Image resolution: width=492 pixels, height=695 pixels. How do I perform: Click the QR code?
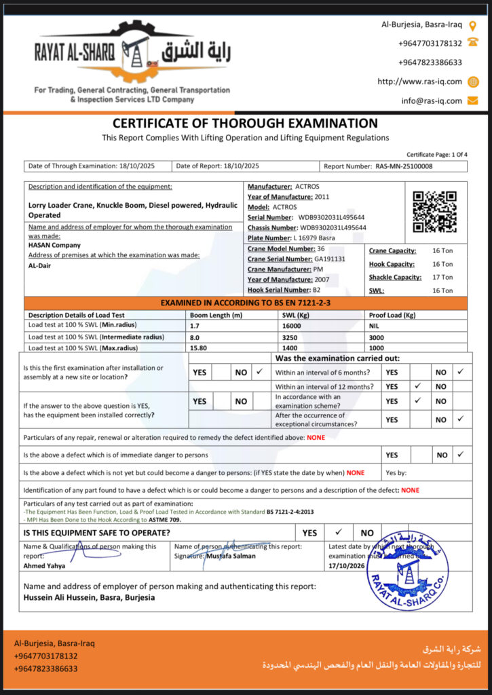click(434, 212)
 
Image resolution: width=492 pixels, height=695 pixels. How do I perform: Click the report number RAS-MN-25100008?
click(404, 166)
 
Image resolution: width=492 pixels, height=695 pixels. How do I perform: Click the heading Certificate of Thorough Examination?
click(245, 124)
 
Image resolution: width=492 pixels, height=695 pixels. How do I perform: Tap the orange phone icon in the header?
click(473, 43)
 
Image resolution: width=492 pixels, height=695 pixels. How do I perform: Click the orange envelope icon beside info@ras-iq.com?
click(473, 100)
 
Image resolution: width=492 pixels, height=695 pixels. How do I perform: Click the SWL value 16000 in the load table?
click(292, 326)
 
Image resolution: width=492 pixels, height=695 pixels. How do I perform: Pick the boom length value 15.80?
click(200, 347)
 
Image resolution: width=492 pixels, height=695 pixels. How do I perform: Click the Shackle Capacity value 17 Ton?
click(442, 277)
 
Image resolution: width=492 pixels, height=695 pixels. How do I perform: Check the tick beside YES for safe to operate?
click(339, 533)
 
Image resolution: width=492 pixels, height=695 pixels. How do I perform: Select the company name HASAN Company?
click(54, 245)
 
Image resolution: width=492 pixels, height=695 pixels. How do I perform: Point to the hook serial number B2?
click(316, 289)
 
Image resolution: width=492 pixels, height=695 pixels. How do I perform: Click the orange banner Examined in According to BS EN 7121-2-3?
click(245, 303)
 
